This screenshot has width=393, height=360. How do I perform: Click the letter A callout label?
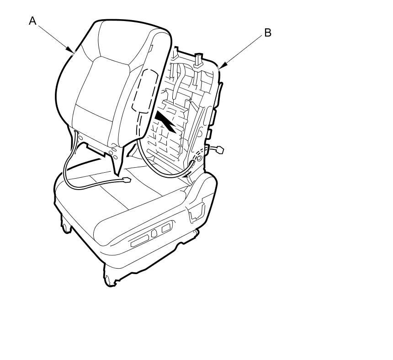pos(32,21)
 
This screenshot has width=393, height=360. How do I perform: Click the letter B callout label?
pos(268,33)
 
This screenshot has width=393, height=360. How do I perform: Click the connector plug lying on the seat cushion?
pos(126,181)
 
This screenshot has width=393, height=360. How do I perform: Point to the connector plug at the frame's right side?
pos(220,149)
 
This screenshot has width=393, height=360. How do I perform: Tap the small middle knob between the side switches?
pos(154,233)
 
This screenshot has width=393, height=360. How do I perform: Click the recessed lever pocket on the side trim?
pos(196,212)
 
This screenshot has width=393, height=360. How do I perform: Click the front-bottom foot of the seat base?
pos(110,279)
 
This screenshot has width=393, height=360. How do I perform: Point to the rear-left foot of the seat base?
pos(64,226)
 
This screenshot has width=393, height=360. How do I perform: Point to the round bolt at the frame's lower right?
pos(199,158)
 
